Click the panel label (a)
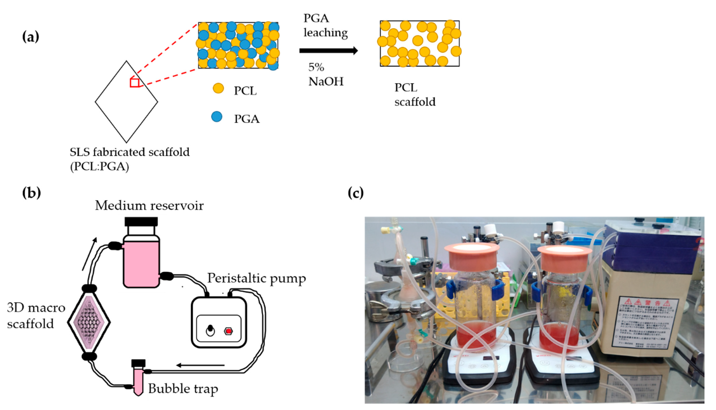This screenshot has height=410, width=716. (x=30, y=37)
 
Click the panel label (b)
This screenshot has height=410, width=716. (x=31, y=193)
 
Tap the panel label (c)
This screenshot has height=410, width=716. (x=355, y=193)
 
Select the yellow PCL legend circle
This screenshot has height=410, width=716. (x=218, y=88)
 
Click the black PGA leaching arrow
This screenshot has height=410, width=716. (x=328, y=51)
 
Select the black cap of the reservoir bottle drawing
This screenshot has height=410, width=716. (x=141, y=222)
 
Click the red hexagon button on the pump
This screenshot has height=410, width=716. (x=228, y=331)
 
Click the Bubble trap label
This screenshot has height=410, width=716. (x=183, y=389)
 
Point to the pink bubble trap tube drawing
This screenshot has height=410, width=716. (x=138, y=380)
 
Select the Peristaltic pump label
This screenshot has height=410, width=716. (x=256, y=278)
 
